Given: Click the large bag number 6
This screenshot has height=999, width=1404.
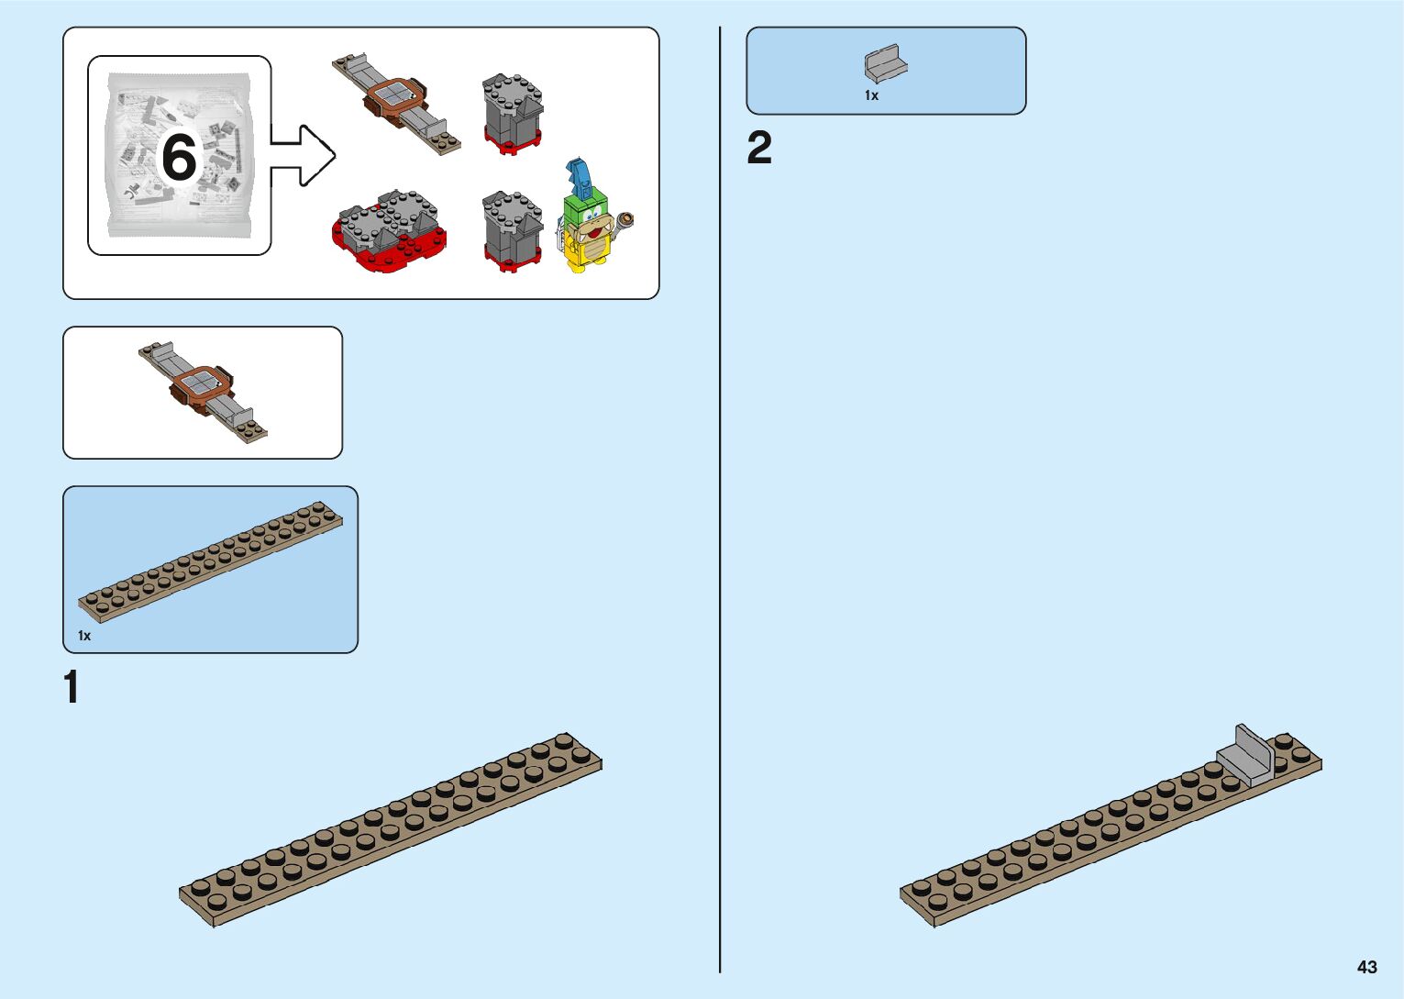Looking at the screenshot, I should [x=180, y=158].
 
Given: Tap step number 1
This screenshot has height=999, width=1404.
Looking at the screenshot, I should [x=72, y=687].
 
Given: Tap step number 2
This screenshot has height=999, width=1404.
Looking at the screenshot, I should [x=759, y=149].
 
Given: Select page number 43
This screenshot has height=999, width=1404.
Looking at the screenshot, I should [x=1366, y=967].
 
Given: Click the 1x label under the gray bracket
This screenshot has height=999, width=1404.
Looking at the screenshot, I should [x=871, y=95].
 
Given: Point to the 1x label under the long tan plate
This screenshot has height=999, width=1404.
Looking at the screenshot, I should [x=84, y=636].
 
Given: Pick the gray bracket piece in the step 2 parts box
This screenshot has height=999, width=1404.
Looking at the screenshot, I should [x=884, y=64].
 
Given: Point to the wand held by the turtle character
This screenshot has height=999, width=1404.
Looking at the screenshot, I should [x=627, y=219].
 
